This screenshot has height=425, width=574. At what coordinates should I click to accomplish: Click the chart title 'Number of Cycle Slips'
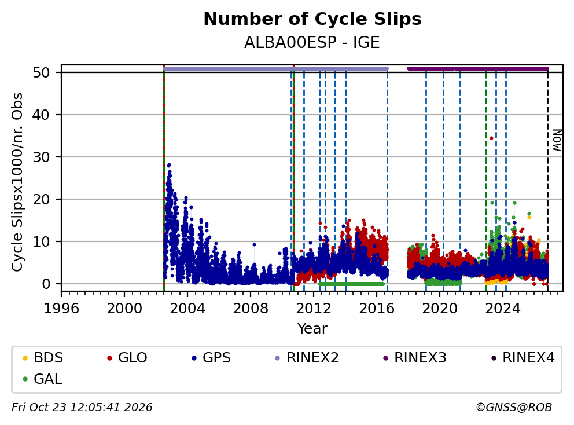tap(312, 19)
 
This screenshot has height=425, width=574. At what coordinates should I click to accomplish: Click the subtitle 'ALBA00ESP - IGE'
tap(312, 42)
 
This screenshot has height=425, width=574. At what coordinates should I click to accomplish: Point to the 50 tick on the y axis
tap(41, 72)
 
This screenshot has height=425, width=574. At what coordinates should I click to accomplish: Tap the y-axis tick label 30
tap(41, 157)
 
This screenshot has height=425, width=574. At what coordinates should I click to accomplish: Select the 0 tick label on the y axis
tap(46, 284)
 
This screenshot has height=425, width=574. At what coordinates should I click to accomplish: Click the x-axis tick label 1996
tap(61, 309)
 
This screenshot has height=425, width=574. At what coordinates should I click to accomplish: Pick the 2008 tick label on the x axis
tap(251, 309)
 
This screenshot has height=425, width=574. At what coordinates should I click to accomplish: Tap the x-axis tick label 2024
tap(503, 309)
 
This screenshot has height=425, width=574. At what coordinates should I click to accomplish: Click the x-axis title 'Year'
tap(312, 329)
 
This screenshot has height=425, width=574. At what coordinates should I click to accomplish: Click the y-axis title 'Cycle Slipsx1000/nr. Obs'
tap(17, 182)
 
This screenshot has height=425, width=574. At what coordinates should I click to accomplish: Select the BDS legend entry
tap(43, 358)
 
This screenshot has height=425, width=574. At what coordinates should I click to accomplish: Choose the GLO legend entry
tap(127, 358)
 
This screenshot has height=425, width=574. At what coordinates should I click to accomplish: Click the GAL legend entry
tap(42, 379)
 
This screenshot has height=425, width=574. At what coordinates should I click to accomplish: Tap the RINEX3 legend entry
tap(415, 358)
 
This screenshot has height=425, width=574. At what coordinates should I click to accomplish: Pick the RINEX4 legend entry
tap(523, 358)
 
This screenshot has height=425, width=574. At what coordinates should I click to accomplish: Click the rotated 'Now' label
tap(557, 141)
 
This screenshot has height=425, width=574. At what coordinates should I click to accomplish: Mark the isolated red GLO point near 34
tap(492, 138)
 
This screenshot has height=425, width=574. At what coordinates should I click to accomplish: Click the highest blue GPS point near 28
tap(169, 165)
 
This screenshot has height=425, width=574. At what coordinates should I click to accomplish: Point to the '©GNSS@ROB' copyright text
tap(514, 408)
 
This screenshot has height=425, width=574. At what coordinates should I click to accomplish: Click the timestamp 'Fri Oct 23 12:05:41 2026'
tap(82, 408)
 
